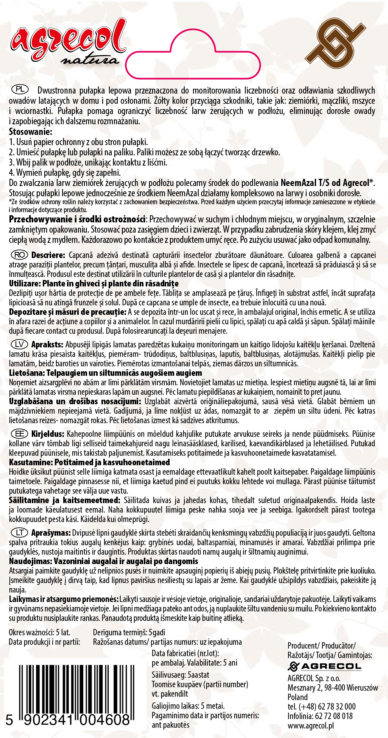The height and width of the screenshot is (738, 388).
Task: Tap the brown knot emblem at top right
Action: tap(335, 44)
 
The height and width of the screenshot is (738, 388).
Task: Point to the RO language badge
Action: tap(20, 255)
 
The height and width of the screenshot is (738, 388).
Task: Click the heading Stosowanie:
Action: tap(30, 132)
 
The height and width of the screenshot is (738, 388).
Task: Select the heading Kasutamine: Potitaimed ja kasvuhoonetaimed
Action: tap(89, 462)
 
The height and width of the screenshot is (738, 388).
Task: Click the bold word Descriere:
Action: tap(48, 255)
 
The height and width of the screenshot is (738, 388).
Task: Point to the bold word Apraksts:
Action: tap(47, 344)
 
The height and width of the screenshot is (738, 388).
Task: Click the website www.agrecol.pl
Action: tap(310, 726)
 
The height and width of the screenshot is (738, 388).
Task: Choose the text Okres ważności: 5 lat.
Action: tap(39, 632)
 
